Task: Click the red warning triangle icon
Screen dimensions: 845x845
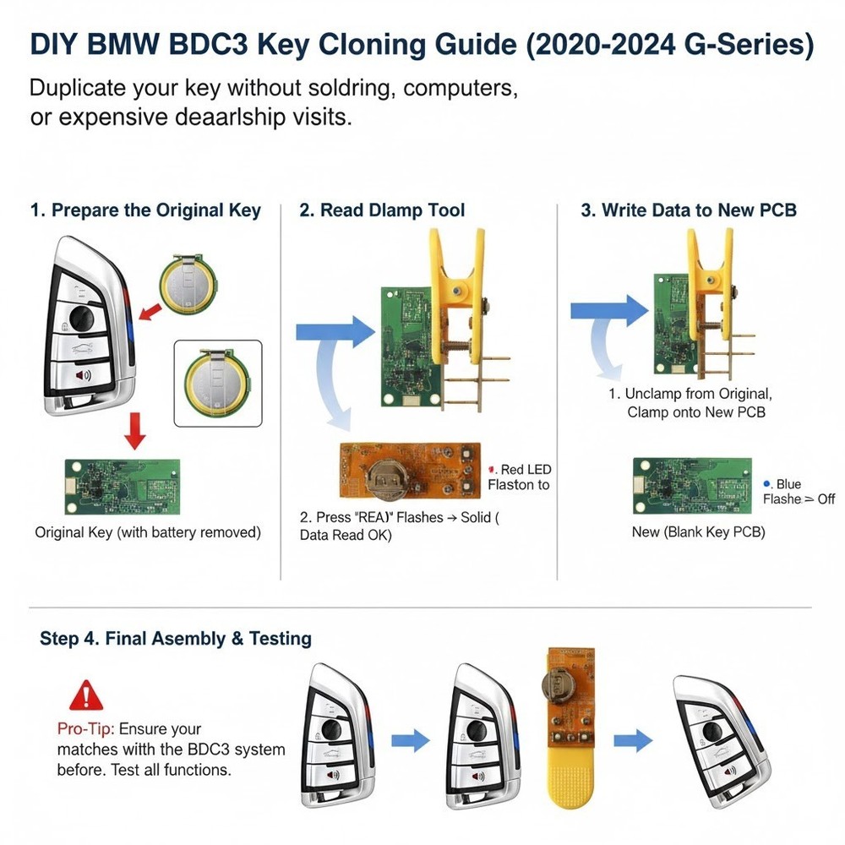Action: (84, 696)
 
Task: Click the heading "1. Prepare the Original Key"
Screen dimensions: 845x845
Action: (145, 210)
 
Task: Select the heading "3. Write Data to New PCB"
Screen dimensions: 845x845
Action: (688, 210)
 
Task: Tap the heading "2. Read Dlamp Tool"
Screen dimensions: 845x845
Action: (382, 210)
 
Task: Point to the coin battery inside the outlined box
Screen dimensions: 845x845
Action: (215, 381)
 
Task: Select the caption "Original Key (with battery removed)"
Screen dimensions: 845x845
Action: (148, 532)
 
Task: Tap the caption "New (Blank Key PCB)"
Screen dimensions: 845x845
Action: (698, 532)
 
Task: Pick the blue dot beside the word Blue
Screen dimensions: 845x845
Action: (766, 483)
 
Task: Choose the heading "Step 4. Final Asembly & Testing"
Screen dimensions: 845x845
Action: (176, 639)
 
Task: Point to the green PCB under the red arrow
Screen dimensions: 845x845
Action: (123, 486)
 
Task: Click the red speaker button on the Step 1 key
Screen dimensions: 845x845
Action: (84, 376)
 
